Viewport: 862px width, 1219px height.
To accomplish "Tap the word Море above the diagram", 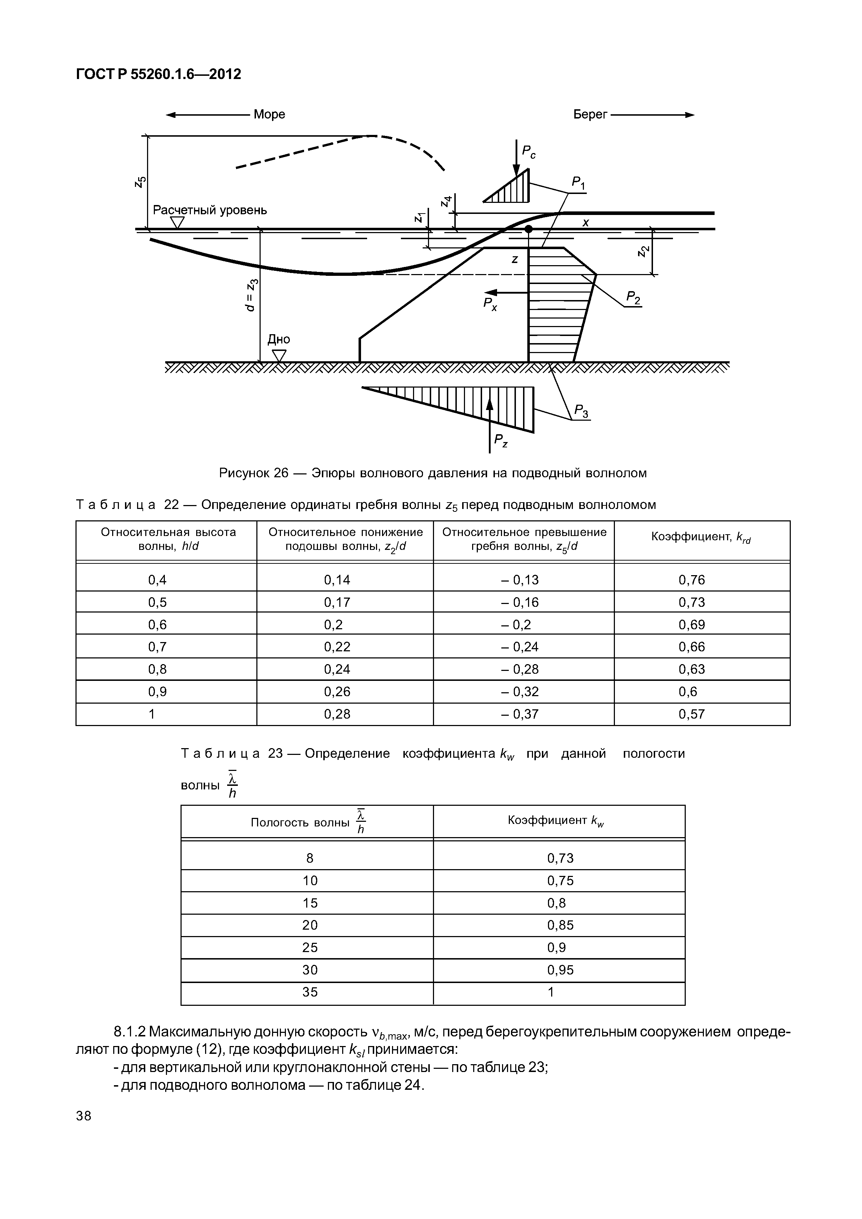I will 269,114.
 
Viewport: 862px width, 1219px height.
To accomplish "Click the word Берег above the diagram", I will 590,114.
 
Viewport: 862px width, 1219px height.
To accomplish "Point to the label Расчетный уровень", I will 210,210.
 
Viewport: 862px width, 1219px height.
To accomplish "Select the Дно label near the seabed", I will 278,339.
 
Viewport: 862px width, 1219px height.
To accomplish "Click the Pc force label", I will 528,152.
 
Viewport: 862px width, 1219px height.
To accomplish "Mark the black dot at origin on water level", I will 528,229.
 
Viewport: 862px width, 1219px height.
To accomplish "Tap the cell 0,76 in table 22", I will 691,580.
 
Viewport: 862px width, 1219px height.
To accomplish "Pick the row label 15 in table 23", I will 310,903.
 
